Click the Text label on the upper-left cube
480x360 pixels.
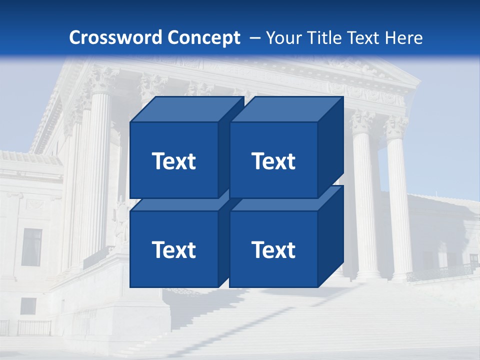[x=174, y=161]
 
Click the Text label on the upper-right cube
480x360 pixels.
[x=273, y=161]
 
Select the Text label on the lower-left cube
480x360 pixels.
[x=174, y=249]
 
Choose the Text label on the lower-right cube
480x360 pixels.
[x=273, y=249]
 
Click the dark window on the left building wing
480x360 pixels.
[x=32, y=247]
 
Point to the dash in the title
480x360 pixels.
[x=254, y=38]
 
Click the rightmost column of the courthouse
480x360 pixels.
[x=398, y=200]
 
